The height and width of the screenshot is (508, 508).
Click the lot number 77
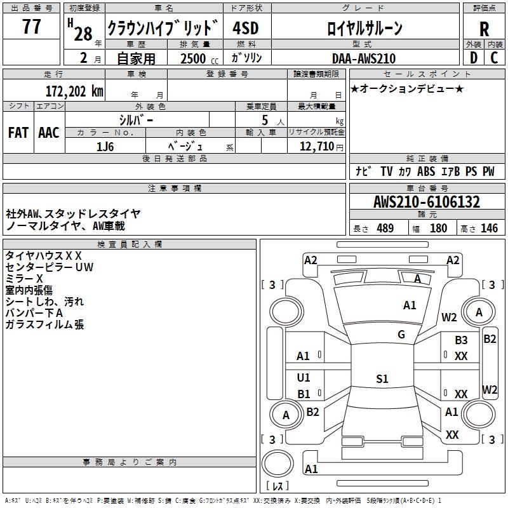click(x=31, y=27)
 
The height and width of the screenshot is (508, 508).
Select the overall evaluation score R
click(x=485, y=29)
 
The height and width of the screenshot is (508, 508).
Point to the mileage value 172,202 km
click(x=74, y=91)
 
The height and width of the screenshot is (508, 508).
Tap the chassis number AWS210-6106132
click(x=427, y=203)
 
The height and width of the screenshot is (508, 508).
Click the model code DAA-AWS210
click(x=364, y=58)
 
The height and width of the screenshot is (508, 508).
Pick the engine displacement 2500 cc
click(x=197, y=58)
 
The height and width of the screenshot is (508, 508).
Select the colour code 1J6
click(x=105, y=146)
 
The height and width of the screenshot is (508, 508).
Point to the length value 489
click(x=385, y=229)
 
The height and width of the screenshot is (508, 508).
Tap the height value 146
click(x=489, y=229)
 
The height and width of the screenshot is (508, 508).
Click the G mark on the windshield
click(x=401, y=335)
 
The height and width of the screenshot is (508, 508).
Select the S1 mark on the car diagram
click(x=382, y=379)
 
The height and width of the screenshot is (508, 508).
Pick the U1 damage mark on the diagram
click(x=304, y=378)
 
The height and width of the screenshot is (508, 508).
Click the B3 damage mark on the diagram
click(x=461, y=340)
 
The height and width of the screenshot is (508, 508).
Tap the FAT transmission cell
click(x=18, y=133)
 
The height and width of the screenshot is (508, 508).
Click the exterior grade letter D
click(x=473, y=58)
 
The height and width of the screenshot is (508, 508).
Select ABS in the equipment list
click(x=426, y=171)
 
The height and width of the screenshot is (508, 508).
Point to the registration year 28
click(x=83, y=33)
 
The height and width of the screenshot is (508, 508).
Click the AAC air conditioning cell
click(x=49, y=133)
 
